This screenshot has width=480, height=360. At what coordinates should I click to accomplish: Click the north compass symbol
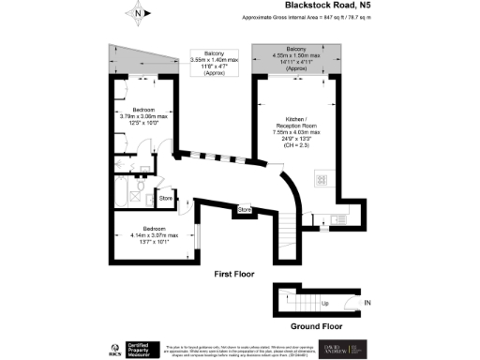coord(138,13)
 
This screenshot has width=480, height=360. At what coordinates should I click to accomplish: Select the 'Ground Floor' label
coord(313,327)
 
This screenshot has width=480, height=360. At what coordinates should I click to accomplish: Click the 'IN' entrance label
coord(367,303)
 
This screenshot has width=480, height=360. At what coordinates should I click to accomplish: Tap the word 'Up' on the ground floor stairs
coord(324,304)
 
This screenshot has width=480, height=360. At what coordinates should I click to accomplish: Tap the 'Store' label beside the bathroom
coord(165,198)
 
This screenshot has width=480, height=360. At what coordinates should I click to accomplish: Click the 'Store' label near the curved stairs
coord(245,209)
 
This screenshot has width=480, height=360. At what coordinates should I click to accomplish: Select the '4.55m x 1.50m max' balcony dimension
coord(295,55)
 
